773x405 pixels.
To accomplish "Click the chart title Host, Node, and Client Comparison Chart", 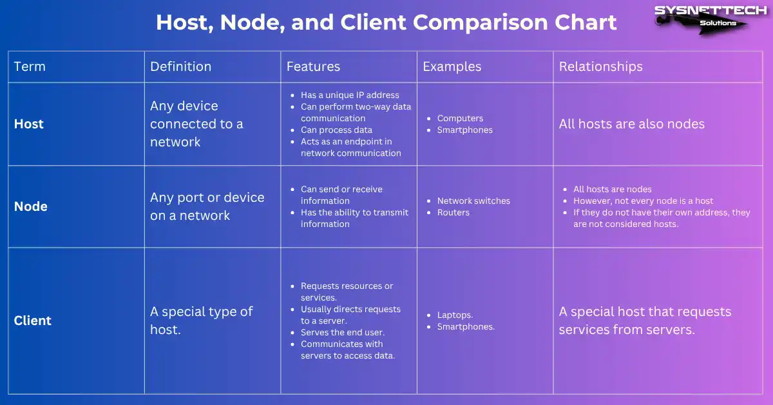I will pos(386,23).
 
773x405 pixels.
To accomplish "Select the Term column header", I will pos(30,66).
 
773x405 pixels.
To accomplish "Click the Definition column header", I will pos(180,66).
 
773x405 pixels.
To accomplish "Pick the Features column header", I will pos(313,66).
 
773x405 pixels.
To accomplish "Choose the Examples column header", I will pos(452,66).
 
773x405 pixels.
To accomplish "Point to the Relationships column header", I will pos(600,66).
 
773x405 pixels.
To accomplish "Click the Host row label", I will pos(29,124).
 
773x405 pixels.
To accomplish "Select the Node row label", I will pos(31,206).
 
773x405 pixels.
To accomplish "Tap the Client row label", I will pos(33,321).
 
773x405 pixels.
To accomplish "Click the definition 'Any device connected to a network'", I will pos(196,124).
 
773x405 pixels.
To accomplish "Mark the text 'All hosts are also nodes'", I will pos(631,124).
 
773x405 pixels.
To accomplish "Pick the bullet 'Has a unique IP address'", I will pos(350,95).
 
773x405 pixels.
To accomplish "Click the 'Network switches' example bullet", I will pos(473,201).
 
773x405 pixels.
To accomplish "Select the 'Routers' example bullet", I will pos(453,212).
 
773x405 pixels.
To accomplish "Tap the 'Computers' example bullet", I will pos(460,118).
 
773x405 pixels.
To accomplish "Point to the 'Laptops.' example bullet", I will pos(455,315).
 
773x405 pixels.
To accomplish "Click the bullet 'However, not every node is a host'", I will pos(643,201).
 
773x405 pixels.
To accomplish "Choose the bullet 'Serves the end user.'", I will pos(343,332).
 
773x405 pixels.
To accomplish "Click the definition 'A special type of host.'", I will pos(202,321).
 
